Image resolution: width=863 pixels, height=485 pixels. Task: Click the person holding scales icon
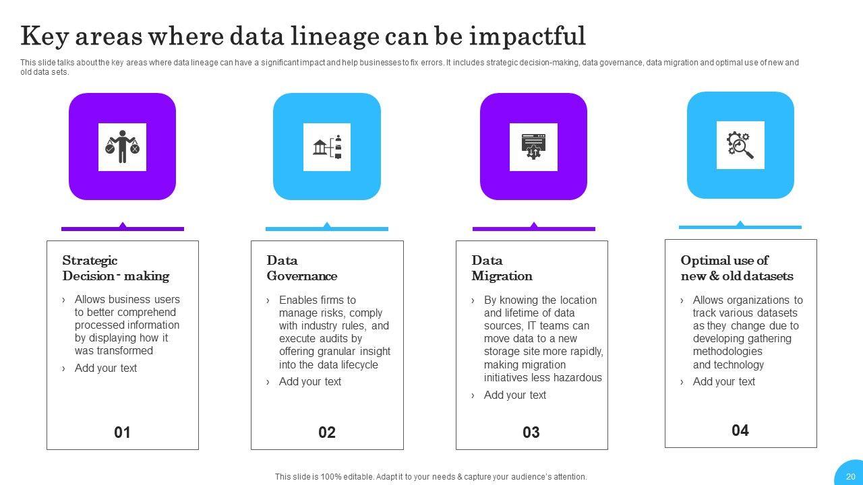tap(123, 147)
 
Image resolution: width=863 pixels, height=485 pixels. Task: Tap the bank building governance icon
tap(327, 147)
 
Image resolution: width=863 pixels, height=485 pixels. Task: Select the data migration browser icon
tap(533, 147)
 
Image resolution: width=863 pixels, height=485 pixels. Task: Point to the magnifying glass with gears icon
tap(740, 145)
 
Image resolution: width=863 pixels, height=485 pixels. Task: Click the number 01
tap(122, 432)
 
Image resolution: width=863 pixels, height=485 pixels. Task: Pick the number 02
tap(327, 432)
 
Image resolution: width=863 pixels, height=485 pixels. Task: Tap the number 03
tap(531, 432)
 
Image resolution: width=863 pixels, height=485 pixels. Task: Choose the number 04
tap(740, 430)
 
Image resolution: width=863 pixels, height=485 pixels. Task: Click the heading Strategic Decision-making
tap(115, 268)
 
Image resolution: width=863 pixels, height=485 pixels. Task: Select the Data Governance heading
tap(301, 268)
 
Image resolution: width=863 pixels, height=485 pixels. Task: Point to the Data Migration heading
tap(502, 268)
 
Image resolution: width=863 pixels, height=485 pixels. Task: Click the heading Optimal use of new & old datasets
tap(737, 268)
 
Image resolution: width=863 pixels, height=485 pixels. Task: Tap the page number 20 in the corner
tap(851, 477)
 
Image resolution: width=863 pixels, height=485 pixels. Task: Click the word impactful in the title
tap(527, 37)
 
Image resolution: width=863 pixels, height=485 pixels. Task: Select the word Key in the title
tap(44, 37)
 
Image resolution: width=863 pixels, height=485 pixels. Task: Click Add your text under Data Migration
tap(514, 395)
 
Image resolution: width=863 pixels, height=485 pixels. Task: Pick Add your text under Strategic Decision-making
tap(106, 368)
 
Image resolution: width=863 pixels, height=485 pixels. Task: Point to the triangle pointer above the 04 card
tap(740, 224)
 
